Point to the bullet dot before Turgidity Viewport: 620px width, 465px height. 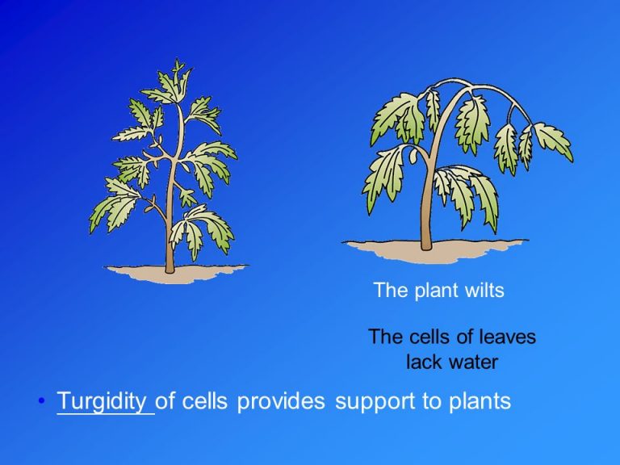(41, 402)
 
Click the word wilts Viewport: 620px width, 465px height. (484, 291)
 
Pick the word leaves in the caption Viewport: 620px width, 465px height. (508, 337)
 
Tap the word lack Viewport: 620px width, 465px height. (423, 362)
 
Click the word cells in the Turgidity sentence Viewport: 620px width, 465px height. (207, 401)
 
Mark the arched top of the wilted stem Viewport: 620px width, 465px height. (468, 87)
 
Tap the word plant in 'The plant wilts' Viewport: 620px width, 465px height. (434, 291)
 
